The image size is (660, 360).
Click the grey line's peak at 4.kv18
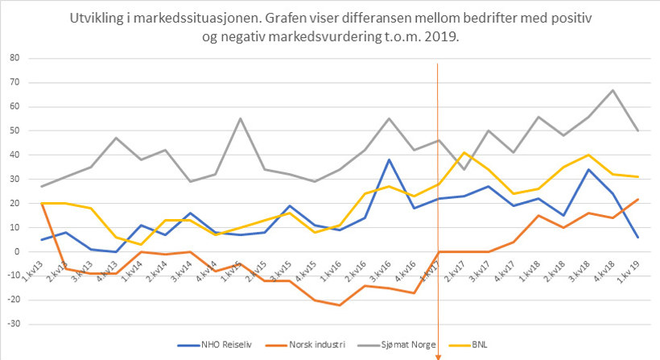coord(613,90)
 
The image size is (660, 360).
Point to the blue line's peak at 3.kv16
coord(389,159)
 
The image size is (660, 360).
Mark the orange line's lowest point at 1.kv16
coord(340,304)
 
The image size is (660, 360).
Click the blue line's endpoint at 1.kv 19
coord(637,237)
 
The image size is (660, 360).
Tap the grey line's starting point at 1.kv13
coord(41,186)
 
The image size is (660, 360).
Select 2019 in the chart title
coord(439,37)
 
